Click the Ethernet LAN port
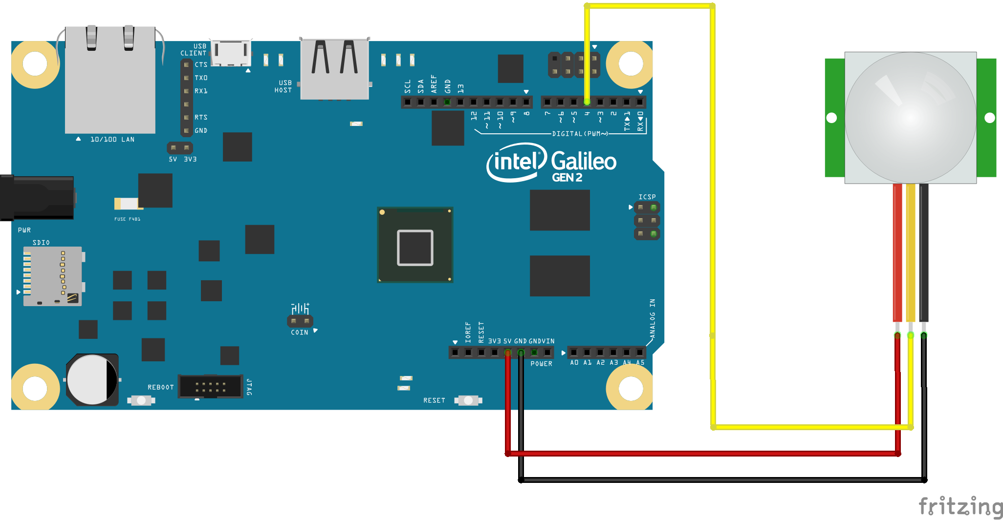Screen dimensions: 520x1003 [110, 81]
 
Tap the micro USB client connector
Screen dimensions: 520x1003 [231, 52]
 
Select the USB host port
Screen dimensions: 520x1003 [334, 68]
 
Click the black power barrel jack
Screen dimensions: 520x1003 [37, 198]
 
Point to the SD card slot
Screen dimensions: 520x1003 [53, 276]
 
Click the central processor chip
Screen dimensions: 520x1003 [415, 245]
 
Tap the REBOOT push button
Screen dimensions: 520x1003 [141, 400]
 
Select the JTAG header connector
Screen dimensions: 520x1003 [210, 387]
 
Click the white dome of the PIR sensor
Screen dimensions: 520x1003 [910, 118]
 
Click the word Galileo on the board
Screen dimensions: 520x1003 [584, 161]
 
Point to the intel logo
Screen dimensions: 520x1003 [516, 161]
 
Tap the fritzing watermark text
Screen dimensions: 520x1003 [960, 506]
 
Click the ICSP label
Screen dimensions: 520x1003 [647, 197]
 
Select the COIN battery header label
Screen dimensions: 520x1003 [300, 333]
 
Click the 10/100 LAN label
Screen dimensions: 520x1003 [112, 140]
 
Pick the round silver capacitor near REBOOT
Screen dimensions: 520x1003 [92, 379]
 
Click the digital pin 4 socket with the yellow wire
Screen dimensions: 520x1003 [587, 102]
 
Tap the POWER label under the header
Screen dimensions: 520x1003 [541, 364]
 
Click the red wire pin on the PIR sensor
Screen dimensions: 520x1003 [897, 335]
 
